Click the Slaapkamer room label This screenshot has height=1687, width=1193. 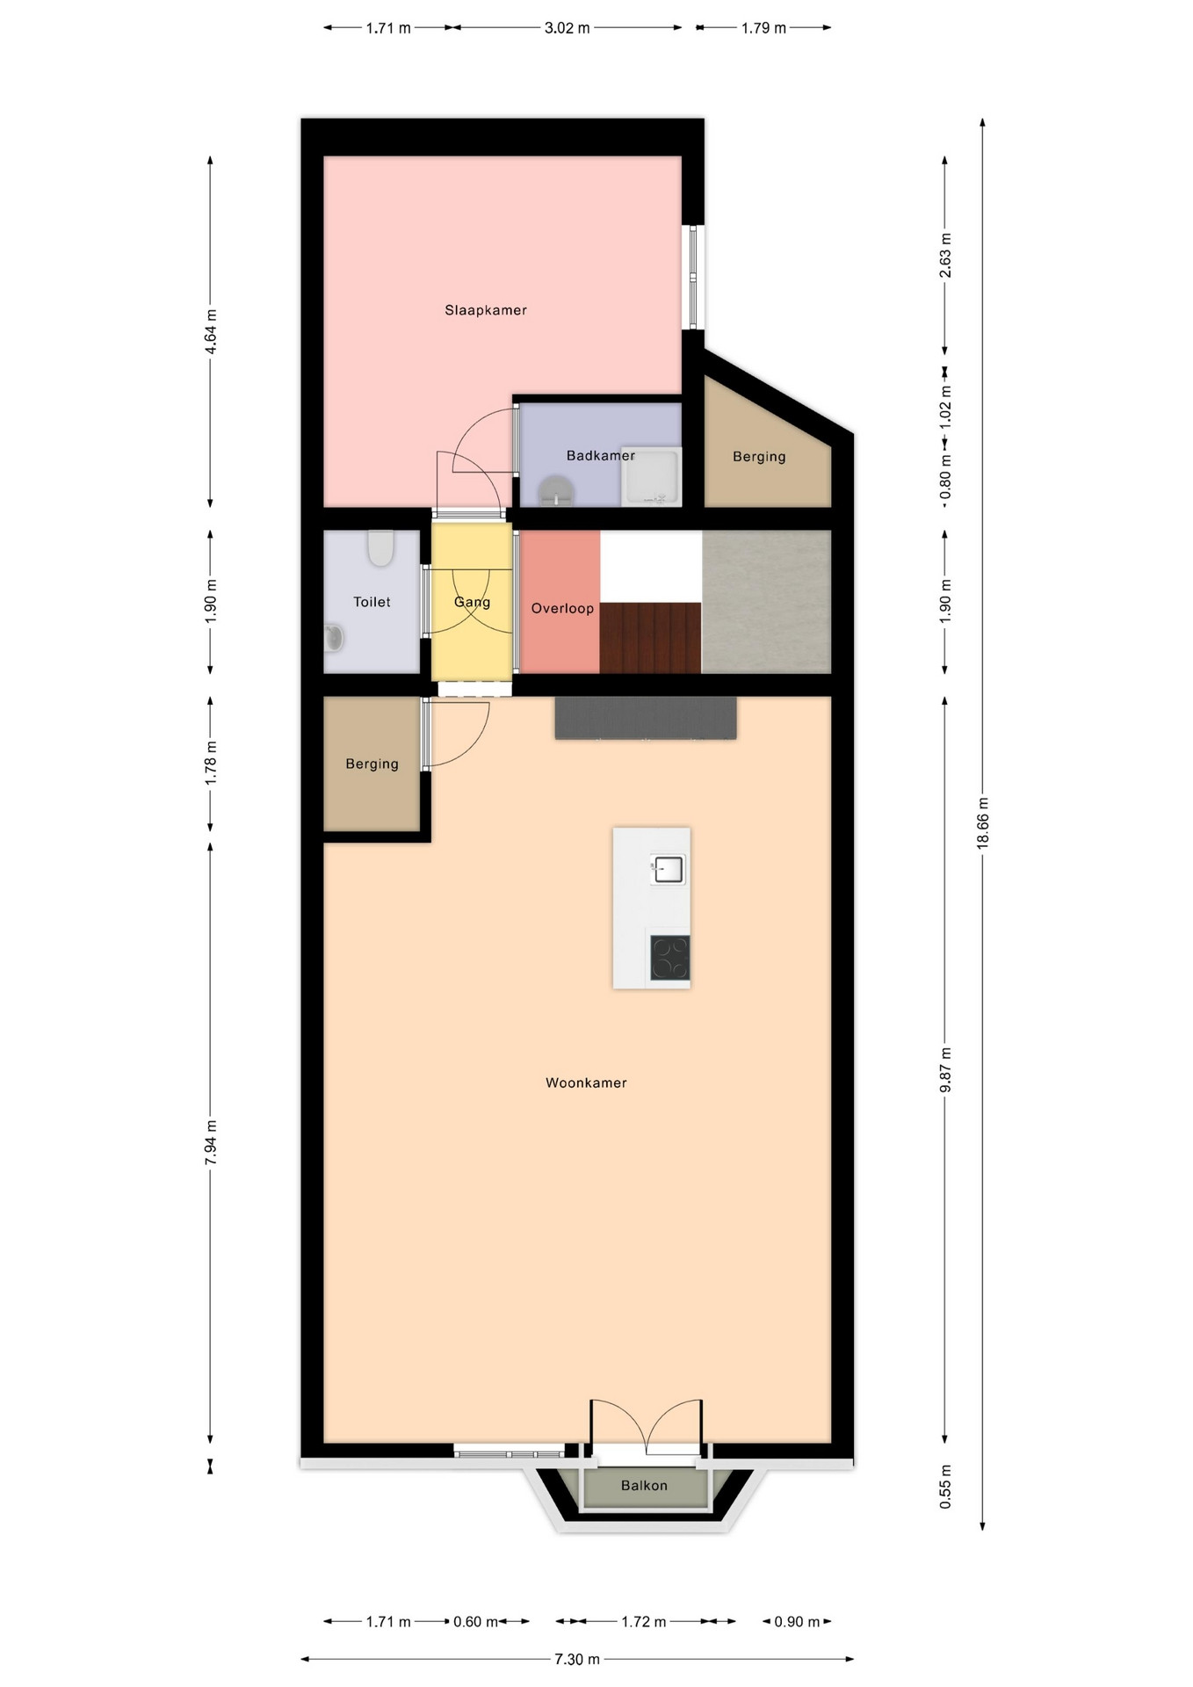coord(486,310)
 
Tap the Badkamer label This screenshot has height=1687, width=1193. coord(601,455)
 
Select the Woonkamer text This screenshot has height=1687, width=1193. coord(586,1082)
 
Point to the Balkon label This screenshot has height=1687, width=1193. coord(644,1485)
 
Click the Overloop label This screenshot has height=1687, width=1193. coord(562,608)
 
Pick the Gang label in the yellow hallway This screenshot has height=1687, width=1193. coord(472,602)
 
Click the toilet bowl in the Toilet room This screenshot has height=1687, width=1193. coord(380,548)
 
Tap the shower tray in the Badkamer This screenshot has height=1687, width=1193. coord(651,477)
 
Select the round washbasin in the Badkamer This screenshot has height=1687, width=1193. coord(555,491)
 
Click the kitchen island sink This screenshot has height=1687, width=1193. coord(668,870)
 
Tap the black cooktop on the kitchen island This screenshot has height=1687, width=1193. coord(669,958)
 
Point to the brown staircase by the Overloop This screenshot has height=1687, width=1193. coord(650,638)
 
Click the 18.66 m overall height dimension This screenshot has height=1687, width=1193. coord(982,823)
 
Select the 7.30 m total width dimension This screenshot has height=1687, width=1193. coord(577,1659)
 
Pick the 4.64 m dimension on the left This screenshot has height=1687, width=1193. coord(210,332)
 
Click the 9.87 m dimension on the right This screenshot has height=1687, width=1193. coord(945,1070)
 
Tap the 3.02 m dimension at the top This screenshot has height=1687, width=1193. coord(567,27)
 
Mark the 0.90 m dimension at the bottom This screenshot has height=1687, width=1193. coord(796,1621)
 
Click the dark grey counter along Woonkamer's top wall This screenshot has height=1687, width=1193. coord(646,718)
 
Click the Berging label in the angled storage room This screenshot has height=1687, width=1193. coord(759,456)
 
